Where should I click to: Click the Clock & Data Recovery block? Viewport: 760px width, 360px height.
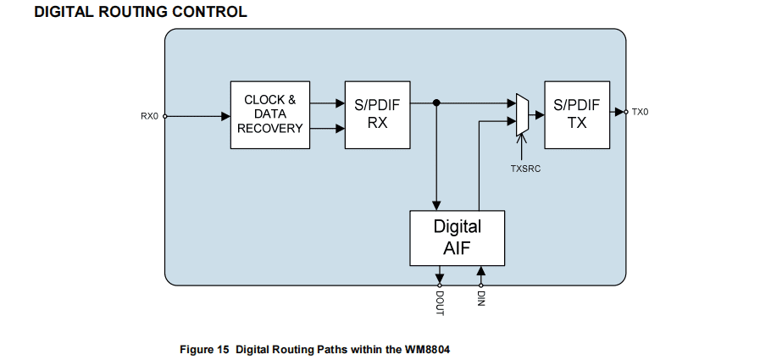(270, 114)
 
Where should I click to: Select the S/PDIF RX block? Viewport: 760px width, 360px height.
(377, 114)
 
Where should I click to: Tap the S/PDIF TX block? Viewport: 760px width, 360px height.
(577, 114)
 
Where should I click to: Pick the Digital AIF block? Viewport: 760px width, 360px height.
(457, 238)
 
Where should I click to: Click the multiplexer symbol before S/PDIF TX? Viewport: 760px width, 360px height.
(523, 114)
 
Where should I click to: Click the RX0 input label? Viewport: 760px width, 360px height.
(149, 116)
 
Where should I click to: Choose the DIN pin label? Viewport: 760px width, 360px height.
(480, 297)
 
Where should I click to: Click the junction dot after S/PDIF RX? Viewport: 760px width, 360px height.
(436, 103)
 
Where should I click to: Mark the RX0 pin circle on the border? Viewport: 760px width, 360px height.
(164, 116)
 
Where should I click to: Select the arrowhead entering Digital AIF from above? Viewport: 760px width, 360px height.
(436, 205)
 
